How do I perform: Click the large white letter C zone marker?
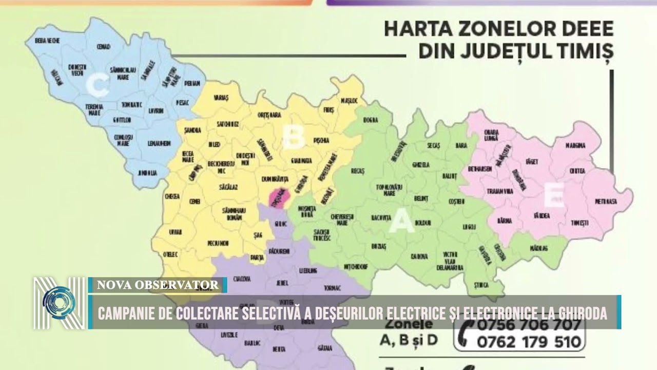pyautogui.click(x=97, y=86)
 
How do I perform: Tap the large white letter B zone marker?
pyautogui.click(x=293, y=137)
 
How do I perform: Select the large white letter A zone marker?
pyautogui.click(x=401, y=223)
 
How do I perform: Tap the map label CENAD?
pyautogui.click(x=103, y=47)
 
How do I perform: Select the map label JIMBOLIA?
pyautogui.click(x=147, y=173)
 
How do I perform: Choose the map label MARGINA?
pyautogui.click(x=575, y=145)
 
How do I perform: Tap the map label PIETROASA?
pyautogui.click(x=606, y=201)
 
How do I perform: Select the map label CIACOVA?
pyautogui.click(x=241, y=279)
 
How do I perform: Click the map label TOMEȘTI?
pyautogui.click(x=579, y=223)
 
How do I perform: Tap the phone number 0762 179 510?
pyautogui.click(x=529, y=342)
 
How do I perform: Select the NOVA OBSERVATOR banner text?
pyautogui.click(x=158, y=285)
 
